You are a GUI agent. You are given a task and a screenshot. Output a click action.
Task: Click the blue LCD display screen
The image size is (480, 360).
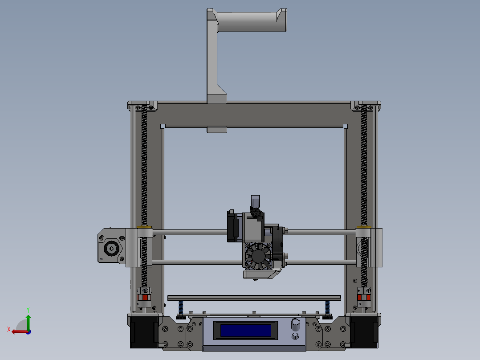pos(246,330)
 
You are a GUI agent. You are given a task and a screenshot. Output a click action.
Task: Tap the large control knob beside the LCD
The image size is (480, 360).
pos(295,323)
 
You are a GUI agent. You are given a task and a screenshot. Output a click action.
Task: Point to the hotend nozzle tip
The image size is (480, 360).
pos(255,279)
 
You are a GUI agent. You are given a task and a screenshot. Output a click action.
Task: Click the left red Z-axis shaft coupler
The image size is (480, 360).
pos(144,298)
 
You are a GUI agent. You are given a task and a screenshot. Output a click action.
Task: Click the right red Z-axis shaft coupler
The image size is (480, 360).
pos(364,298)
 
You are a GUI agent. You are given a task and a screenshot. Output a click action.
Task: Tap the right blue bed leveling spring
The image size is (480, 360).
pos(328,307)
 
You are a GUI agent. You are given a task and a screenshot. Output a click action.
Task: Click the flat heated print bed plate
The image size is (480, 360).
pos(254,297)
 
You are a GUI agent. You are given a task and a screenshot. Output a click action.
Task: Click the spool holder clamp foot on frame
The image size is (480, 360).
pos(217,98)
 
